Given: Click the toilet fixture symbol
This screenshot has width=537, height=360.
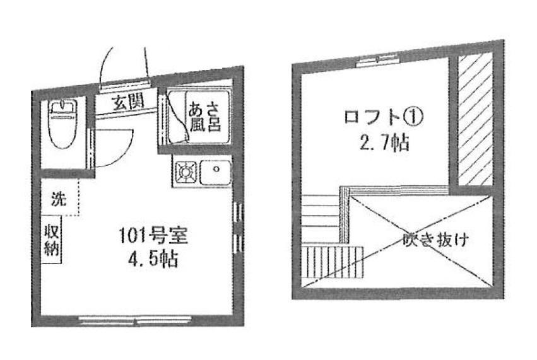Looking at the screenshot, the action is click(63, 124).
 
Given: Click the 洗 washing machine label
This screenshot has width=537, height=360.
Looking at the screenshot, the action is click(59, 199).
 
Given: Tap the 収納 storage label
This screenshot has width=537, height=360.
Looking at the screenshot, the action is click(52, 240).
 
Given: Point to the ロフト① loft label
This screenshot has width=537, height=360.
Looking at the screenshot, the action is click(384, 117).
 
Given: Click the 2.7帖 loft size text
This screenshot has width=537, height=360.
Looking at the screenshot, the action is click(384, 142).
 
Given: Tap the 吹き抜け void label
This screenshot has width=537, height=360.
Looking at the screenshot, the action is click(435, 240).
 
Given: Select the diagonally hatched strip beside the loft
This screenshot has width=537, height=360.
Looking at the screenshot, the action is click(475, 119).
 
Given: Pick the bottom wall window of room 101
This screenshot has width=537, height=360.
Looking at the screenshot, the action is click(135, 320).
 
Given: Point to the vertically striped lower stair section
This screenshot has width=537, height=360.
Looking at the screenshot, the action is click(333, 262).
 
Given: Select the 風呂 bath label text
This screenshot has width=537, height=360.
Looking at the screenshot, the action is click(205, 124).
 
